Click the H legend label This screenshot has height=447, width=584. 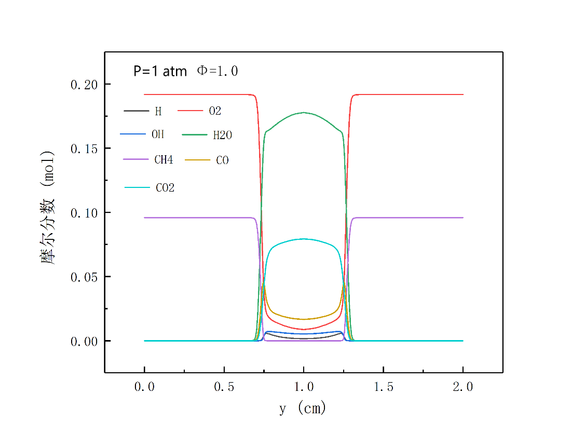point(158,111)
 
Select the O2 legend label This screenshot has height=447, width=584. point(215,111)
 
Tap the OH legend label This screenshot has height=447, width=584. point(158,134)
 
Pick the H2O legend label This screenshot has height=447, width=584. point(222,136)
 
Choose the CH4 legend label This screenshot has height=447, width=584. point(164,160)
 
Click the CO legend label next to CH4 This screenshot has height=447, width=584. point(222,160)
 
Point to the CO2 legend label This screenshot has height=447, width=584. point(165,188)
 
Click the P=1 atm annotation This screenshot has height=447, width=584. point(160,71)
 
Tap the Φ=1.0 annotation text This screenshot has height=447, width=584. point(217,71)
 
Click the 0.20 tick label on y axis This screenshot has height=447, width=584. point(84,85)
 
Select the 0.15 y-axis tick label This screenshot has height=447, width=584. point(84,148)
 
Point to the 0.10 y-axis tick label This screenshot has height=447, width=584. point(84,213)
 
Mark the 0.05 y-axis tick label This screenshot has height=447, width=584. point(84,277)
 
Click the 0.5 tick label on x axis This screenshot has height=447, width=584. point(224,387)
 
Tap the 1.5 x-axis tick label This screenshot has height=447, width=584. point(384,387)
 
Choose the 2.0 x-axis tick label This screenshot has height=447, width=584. point(463,387)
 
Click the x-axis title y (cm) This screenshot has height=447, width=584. point(303,409)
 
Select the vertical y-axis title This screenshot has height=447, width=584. point(48,208)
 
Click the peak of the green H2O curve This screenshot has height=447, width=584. point(304,113)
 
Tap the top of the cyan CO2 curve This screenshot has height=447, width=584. point(304,239)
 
